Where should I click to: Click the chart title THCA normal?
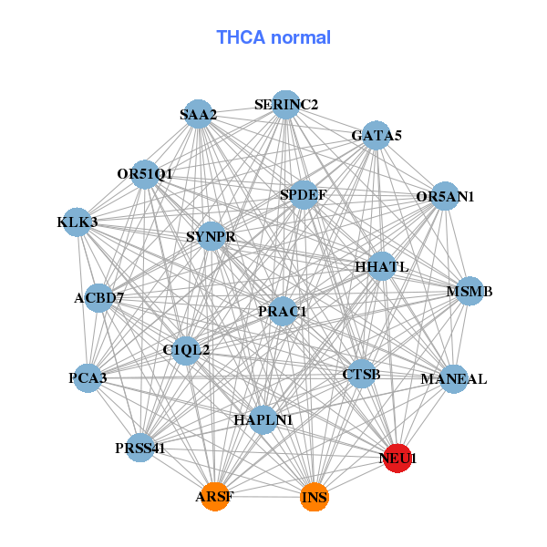pos(273,37)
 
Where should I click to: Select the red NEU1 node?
pos(398,458)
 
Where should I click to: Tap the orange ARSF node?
pos(214,497)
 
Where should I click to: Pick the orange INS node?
pos(314,497)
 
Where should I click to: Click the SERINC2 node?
pos(286,104)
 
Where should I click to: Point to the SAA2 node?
pos(198,114)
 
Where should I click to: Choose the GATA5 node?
pos(377,136)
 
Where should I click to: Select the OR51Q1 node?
pos(145,173)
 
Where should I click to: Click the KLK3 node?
pos(77,222)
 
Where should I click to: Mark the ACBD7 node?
pos(99,297)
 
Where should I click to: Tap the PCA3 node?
pos(88,377)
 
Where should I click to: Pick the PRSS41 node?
pos(140,447)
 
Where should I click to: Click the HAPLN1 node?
pos(263,419)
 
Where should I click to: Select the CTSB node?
pos(362,374)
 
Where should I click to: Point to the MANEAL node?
pos(454,378)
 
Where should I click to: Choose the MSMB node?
pos(470,292)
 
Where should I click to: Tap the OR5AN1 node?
pos(444,196)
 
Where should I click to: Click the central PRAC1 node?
pos(283,312)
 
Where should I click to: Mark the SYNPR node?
pos(211,237)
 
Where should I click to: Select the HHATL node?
pos(382,266)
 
